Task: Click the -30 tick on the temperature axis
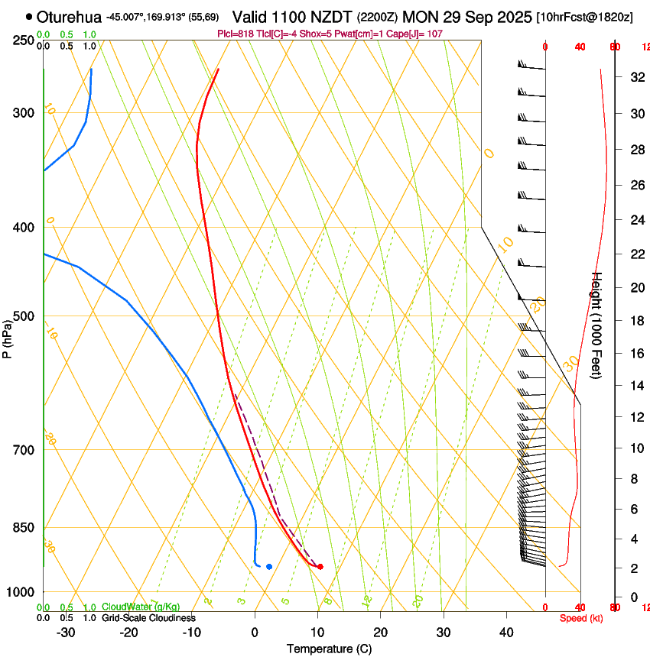click(66, 633)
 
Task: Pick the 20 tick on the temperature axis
click(380, 633)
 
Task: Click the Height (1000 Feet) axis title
click(598, 325)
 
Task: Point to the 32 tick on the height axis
click(635, 77)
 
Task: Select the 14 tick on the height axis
click(635, 386)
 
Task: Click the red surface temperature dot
click(320, 566)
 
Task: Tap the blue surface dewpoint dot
click(269, 566)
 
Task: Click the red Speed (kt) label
click(581, 618)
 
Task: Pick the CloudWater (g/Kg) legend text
click(141, 607)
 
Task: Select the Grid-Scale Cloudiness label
click(148, 618)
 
